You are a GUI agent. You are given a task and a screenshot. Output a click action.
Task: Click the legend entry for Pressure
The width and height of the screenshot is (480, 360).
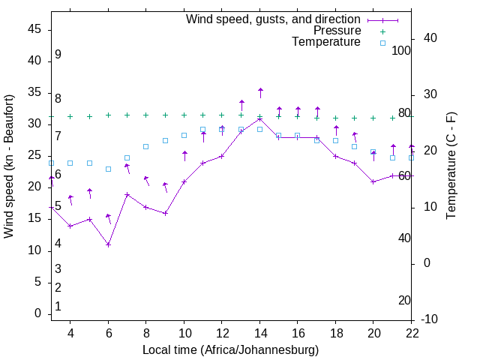337,31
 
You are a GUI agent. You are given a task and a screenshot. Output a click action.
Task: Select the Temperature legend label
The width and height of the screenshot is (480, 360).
326,42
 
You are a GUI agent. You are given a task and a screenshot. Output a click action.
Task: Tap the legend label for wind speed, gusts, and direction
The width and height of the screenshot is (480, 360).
273,19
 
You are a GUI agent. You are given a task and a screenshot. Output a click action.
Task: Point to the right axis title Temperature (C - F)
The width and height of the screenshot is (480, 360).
451,166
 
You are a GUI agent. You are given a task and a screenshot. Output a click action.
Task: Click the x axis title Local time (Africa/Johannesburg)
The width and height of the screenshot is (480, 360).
230,350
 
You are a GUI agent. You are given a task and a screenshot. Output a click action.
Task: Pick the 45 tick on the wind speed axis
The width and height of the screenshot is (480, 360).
34,28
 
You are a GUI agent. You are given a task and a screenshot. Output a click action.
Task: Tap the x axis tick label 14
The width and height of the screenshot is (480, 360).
260,332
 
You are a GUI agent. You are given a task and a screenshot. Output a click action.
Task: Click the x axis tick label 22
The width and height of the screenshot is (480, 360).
412,332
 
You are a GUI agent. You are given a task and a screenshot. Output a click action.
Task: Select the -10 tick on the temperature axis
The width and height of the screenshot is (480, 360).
430,319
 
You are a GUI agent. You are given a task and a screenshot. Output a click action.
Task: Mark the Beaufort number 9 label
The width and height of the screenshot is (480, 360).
58,55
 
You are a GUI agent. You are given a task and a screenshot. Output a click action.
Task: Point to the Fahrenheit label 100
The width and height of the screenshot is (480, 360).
401,50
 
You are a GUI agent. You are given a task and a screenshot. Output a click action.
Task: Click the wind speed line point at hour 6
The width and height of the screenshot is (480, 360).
109,244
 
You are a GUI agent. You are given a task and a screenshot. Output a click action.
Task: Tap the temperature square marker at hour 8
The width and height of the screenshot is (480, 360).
146,146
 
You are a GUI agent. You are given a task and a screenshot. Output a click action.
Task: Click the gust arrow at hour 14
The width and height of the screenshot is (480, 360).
260,92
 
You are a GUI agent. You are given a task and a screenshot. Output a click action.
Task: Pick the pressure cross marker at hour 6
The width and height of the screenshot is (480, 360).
109,115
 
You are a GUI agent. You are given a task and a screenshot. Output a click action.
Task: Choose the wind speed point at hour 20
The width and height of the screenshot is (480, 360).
373,181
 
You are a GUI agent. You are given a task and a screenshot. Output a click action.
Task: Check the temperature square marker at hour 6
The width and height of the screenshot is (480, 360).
109,169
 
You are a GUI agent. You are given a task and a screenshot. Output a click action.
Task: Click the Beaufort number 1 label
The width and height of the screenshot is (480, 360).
58,306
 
